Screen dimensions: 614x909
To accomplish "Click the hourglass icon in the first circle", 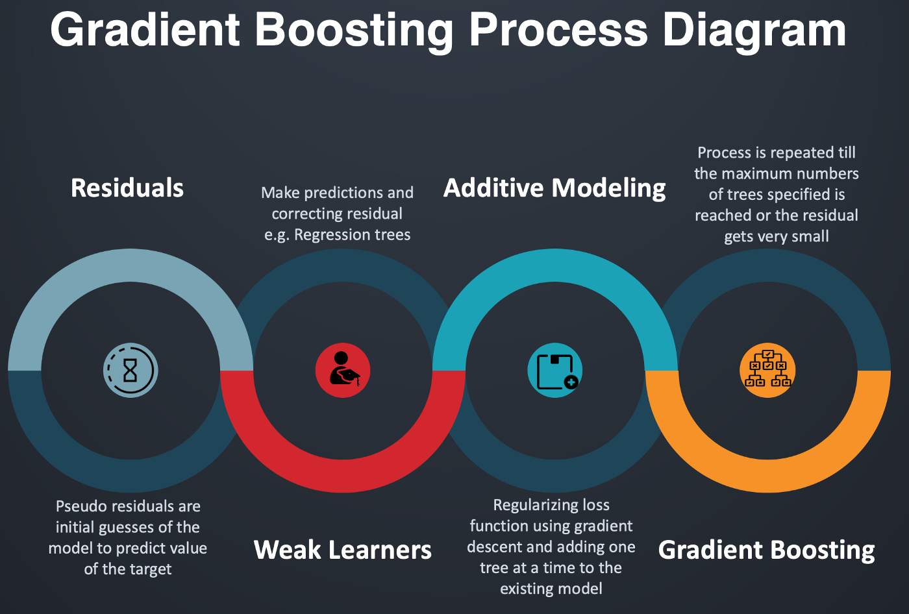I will click(131, 371).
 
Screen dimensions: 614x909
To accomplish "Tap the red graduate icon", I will click(343, 371).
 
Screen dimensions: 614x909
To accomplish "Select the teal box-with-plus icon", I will click(554, 371).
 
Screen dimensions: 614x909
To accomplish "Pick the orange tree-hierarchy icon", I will click(767, 371).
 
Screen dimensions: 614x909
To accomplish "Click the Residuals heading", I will click(127, 188).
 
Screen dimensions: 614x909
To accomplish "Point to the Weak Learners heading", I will click(342, 550).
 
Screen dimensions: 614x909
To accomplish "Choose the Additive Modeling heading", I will click(554, 188).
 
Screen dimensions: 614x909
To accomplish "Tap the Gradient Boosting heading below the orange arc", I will click(767, 550).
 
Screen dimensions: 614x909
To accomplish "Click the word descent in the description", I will click(498, 547).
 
